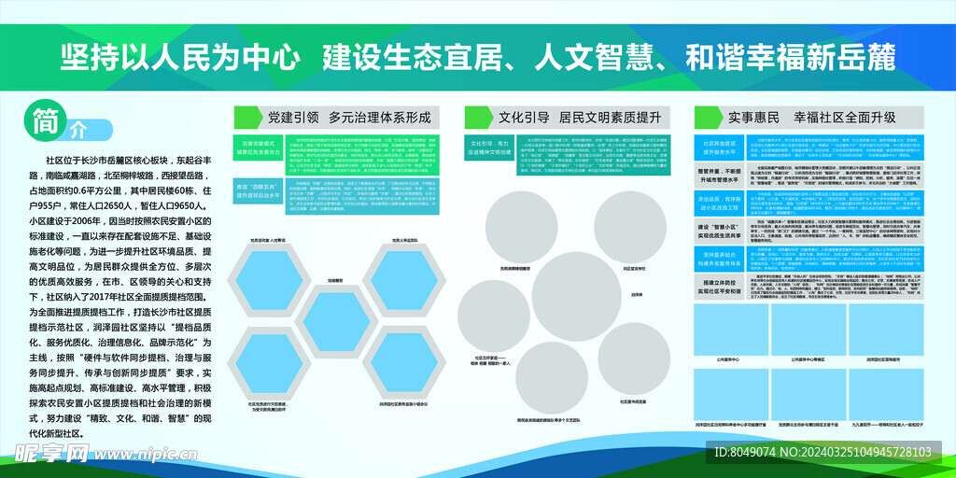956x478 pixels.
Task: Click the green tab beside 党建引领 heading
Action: click(x=246, y=117)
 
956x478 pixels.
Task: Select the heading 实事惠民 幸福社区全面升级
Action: click(x=811, y=118)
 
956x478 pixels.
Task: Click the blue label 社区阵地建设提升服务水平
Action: click(x=720, y=150)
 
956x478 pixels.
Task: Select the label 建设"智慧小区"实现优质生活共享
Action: click(x=720, y=232)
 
